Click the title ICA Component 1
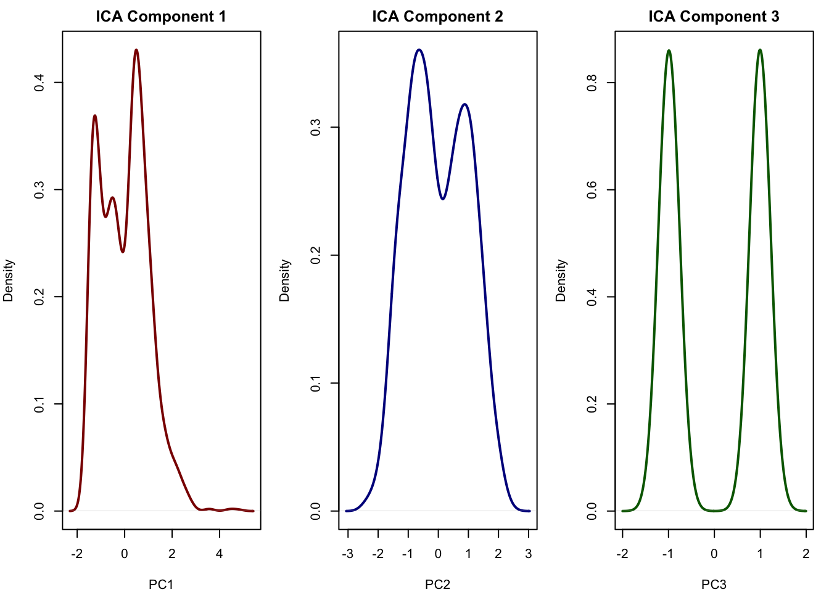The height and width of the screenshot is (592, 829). [x=161, y=17]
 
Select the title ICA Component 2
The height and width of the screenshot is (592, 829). [x=437, y=17]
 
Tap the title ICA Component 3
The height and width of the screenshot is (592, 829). [x=714, y=17]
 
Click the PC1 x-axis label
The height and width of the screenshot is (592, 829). [x=161, y=584]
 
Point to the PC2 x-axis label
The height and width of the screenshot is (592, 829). [x=437, y=584]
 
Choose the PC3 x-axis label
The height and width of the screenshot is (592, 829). [x=714, y=584]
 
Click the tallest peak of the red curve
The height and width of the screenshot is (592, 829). [x=136, y=50]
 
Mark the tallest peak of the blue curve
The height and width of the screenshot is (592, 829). [x=419, y=49]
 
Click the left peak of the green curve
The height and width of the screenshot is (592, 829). [x=669, y=51]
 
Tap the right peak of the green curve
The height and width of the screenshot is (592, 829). [x=760, y=50]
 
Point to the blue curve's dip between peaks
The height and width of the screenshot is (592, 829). [x=443, y=199]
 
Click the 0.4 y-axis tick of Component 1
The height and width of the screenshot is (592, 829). [x=39, y=83]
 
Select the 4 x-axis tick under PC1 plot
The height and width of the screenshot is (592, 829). [x=220, y=553]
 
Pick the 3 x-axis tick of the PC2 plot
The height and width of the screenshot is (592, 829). [x=528, y=553]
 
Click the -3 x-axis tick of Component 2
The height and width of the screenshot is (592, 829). [x=347, y=553]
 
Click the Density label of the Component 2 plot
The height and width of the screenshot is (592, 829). [x=284, y=281]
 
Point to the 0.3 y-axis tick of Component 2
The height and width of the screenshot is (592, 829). [x=316, y=128]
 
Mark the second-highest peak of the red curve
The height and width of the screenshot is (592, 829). [x=95, y=115]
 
